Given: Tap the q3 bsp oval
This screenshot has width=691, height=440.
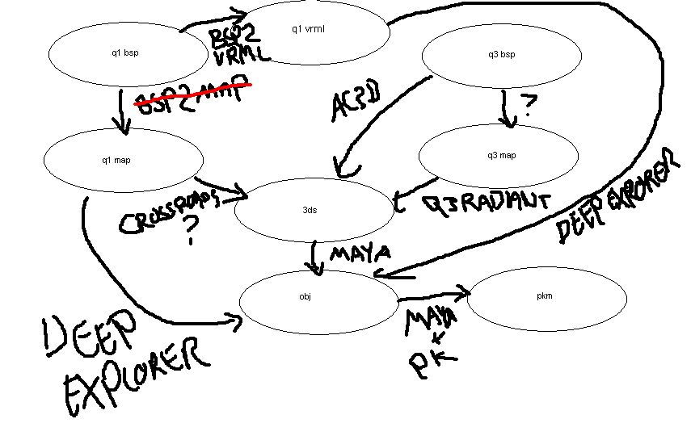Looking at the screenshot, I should [501, 55].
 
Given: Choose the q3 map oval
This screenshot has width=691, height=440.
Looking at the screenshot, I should [501, 156].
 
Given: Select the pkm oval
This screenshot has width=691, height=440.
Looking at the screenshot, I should [546, 296].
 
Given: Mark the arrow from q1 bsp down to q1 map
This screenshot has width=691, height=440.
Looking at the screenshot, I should [122, 112].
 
